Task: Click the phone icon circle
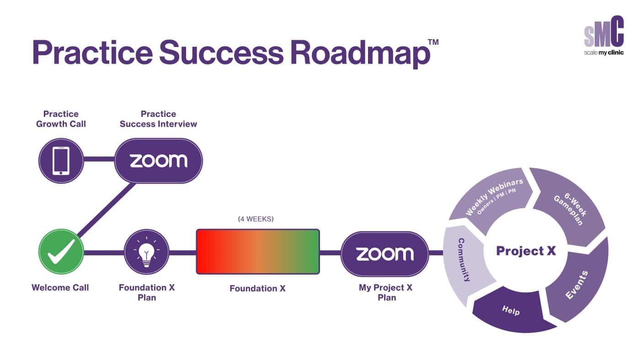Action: click(61, 161)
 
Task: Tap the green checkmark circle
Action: click(61, 252)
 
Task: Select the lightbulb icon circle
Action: click(146, 252)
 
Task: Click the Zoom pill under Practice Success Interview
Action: click(158, 161)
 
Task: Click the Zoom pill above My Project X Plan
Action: click(385, 254)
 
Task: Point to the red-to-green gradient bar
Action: click(258, 252)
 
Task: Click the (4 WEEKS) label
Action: click(256, 219)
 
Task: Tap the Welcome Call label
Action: click(60, 288)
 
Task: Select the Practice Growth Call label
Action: click(61, 119)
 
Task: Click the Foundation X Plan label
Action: click(147, 292)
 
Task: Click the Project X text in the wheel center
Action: click(526, 251)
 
